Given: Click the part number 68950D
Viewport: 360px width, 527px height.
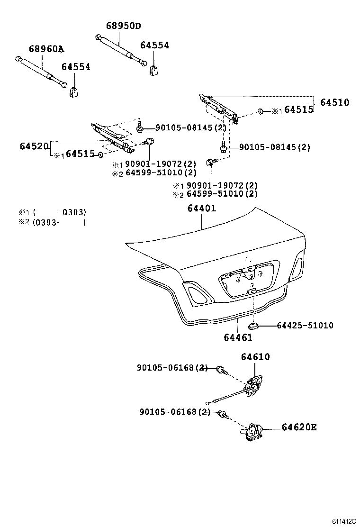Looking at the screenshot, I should pyautogui.click(x=123, y=26).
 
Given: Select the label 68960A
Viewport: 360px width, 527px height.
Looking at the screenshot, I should pyautogui.click(x=46, y=49).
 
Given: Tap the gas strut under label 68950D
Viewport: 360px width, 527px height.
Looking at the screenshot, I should pyautogui.click(x=121, y=50).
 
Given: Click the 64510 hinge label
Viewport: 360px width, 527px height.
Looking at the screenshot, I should pyautogui.click(x=334, y=102).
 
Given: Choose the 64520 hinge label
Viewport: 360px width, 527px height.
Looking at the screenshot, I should pyautogui.click(x=35, y=146).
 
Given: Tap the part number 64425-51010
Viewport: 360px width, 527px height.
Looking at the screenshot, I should pyautogui.click(x=305, y=326).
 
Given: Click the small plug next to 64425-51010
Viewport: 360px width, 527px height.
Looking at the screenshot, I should pyautogui.click(x=253, y=326).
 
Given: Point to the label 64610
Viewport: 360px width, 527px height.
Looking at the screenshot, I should pyautogui.click(x=255, y=357).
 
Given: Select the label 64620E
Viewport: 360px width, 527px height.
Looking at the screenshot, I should pyautogui.click(x=299, y=427).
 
